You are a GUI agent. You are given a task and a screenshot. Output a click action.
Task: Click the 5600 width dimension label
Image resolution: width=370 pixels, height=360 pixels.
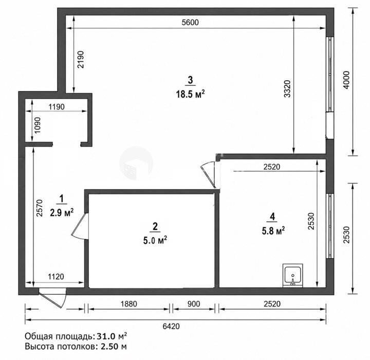click(191, 22)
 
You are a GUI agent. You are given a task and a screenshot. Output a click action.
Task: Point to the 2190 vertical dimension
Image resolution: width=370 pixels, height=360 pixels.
click(81, 60)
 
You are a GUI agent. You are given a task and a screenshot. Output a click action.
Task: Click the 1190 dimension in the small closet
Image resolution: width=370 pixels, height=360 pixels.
click(57, 107)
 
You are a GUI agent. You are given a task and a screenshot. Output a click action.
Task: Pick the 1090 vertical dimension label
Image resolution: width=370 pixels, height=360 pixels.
click(38, 125)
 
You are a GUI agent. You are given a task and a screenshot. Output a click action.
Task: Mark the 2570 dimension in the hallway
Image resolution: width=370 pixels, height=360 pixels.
click(40, 208)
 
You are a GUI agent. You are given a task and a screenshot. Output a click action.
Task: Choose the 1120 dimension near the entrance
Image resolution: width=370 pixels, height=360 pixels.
click(56, 276)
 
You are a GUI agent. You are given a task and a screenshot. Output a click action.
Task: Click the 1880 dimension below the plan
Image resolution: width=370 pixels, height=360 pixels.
click(129, 304)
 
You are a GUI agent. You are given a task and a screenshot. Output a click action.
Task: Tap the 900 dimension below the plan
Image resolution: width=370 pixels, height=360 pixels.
click(194, 304)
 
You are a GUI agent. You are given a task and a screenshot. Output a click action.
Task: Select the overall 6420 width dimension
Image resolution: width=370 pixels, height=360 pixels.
click(171, 327)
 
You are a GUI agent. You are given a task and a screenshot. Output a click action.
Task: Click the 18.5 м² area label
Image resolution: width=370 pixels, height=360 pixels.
click(190, 95)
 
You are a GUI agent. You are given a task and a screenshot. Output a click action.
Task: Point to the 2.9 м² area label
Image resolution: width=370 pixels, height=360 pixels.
click(62, 213)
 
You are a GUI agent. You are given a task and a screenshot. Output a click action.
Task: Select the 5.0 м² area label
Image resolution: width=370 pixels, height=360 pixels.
click(155, 241)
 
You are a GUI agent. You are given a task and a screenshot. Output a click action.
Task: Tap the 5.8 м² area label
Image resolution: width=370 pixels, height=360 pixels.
click(273, 231)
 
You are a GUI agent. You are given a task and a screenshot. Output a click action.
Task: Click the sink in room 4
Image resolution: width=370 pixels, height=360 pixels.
click(293, 276)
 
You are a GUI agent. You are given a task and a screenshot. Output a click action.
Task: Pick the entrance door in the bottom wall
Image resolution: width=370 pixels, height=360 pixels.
click(52, 298)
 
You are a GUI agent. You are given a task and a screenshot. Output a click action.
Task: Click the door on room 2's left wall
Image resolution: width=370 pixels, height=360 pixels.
click(80, 226)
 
